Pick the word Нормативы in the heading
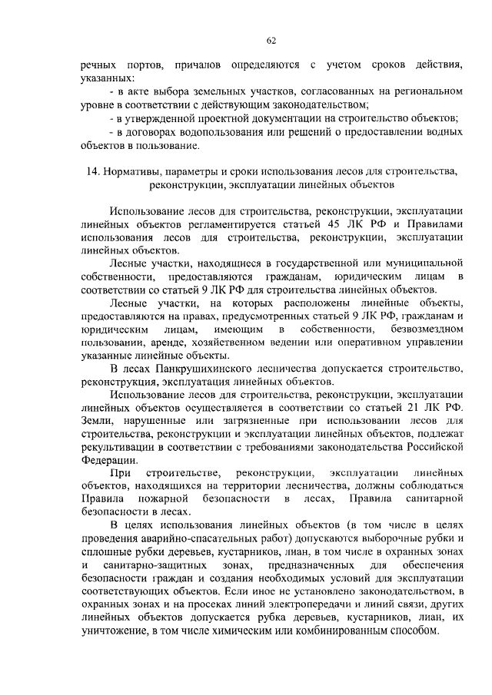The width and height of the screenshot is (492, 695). [136, 171]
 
